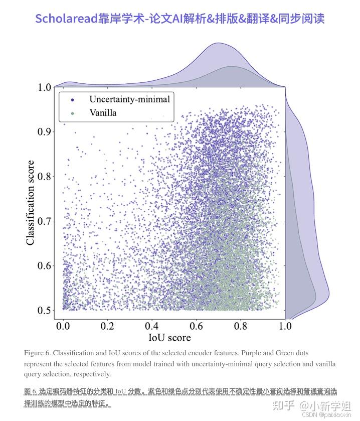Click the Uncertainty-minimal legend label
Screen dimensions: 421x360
click(x=129, y=99)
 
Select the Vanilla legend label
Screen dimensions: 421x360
click(x=103, y=113)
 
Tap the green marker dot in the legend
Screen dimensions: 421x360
click(x=73, y=113)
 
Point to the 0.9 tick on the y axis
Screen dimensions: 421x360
click(x=44, y=131)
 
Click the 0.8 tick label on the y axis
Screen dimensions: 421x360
click(x=44, y=176)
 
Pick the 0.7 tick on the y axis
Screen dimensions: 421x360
click(x=44, y=221)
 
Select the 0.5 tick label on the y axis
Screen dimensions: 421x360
click(x=44, y=310)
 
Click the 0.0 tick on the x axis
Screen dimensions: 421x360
click(x=63, y=326)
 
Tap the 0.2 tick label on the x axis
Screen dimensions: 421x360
click(x=107, y=326)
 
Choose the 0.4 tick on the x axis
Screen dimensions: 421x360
click(x=152, y=326)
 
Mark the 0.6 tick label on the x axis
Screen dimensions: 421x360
click(x=196, y=326)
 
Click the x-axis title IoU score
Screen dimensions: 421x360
click(x=169, y=338)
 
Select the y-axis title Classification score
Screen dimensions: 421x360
click(x=31, y=203)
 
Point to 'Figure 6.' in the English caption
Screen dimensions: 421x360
click(x=37, y=353)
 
